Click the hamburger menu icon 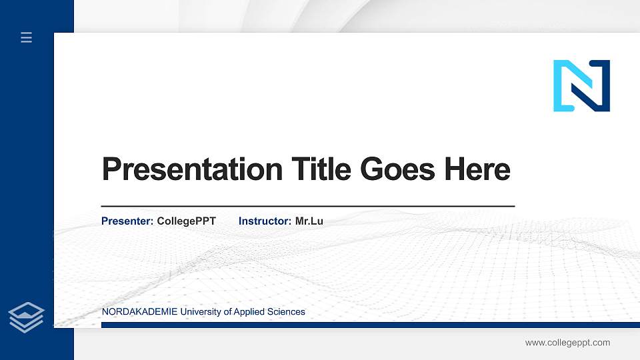[x=27, y=37]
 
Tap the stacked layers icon [x=27, y=317]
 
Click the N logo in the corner [x=581, y=85]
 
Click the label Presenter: [x=127, y=221]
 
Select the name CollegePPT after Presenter [x=186, y=221]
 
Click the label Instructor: [x=265, y=221]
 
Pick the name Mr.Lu [x=309, y=221]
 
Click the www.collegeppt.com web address [x=567, y=343]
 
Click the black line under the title [x=307, y=206]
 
